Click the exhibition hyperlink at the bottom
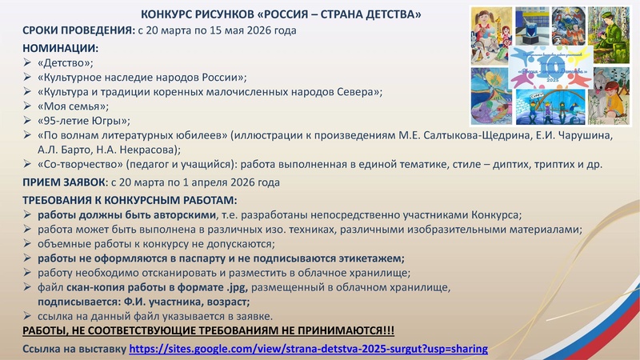pos(308,350)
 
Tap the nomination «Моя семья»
pos(73,106)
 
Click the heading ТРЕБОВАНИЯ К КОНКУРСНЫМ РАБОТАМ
pos(130,199)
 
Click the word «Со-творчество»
pos(81,165)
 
